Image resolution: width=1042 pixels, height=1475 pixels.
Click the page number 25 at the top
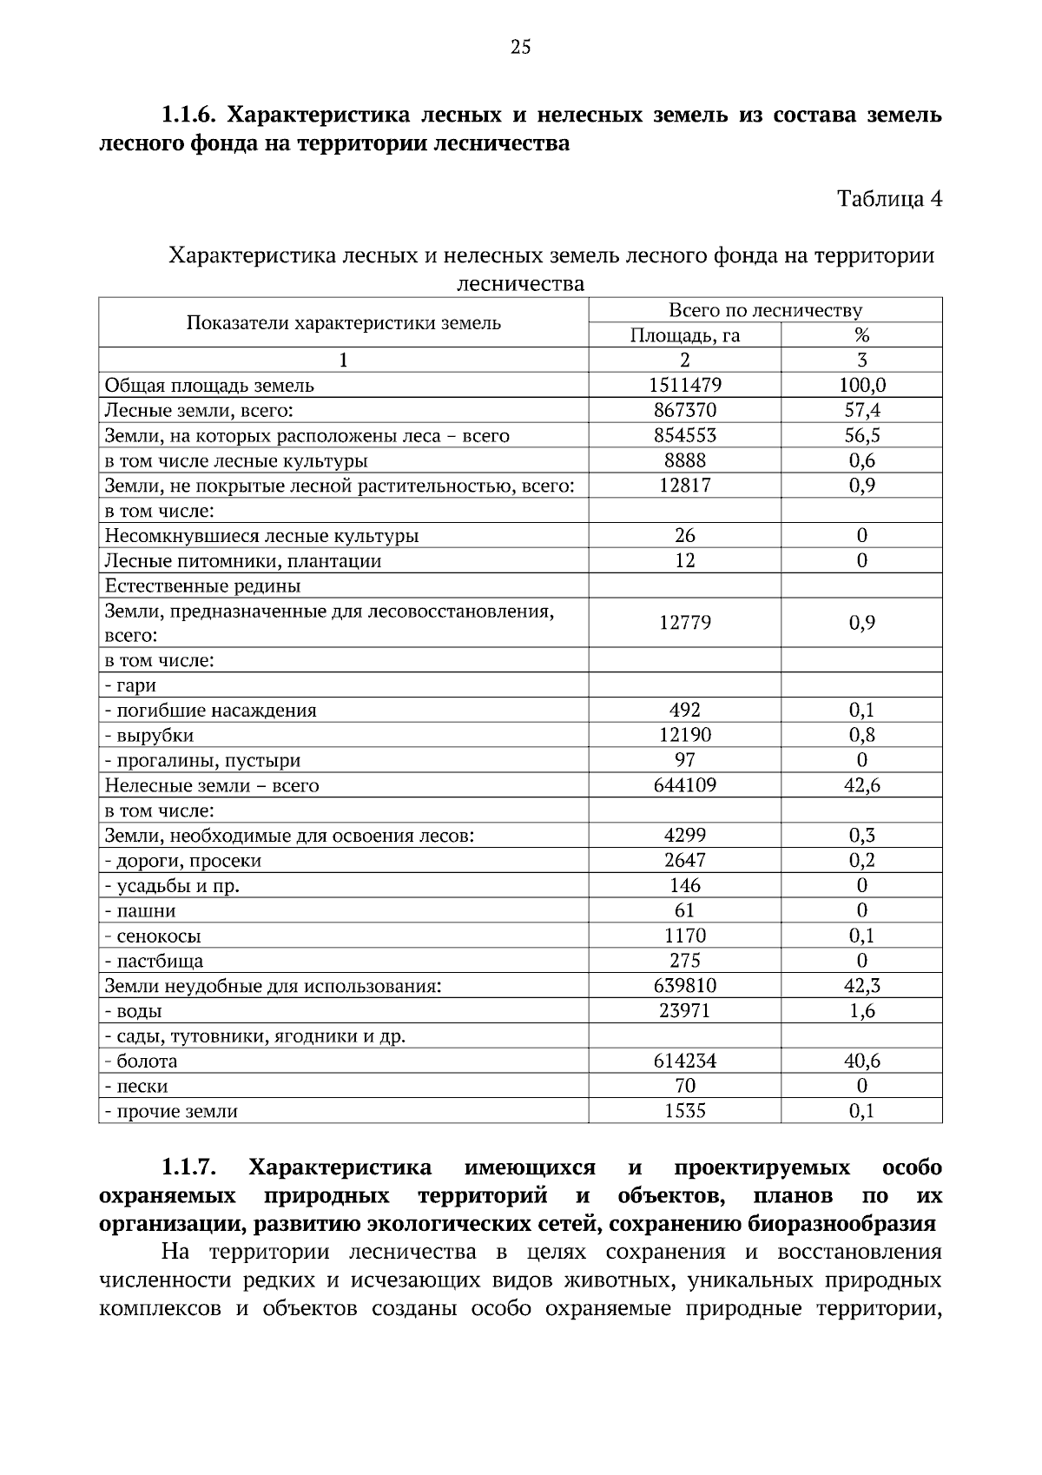pos(520,48)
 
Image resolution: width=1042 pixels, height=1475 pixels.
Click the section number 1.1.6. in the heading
pos(193,115)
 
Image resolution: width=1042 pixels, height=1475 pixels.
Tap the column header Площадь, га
pos(684,335)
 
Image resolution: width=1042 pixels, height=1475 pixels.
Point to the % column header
pos(861,335)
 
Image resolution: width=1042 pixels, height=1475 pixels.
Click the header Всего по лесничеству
pos(765,310)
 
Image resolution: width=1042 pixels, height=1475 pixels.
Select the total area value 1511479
pos(684,385)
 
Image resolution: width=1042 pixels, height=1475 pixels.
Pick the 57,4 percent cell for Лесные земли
pos(861,410)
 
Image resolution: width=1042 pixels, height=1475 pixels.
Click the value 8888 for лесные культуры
pos(684,460)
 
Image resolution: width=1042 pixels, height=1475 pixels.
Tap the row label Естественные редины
pos(202,585)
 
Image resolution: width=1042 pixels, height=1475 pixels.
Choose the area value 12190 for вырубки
pos(684,735)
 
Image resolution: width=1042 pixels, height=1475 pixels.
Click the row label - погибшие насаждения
pos(210,711)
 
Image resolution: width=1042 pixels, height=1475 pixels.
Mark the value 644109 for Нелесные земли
pos(684,785)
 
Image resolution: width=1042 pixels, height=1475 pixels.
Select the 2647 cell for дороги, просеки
pos(684,860)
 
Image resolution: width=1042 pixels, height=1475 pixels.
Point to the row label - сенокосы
pos(153,936)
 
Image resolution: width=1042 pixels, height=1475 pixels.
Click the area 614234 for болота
pos(684,1061)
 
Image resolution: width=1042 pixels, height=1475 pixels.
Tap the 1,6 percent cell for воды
pos(861,1011)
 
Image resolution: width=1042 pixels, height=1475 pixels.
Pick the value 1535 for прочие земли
pos(684,1111)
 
